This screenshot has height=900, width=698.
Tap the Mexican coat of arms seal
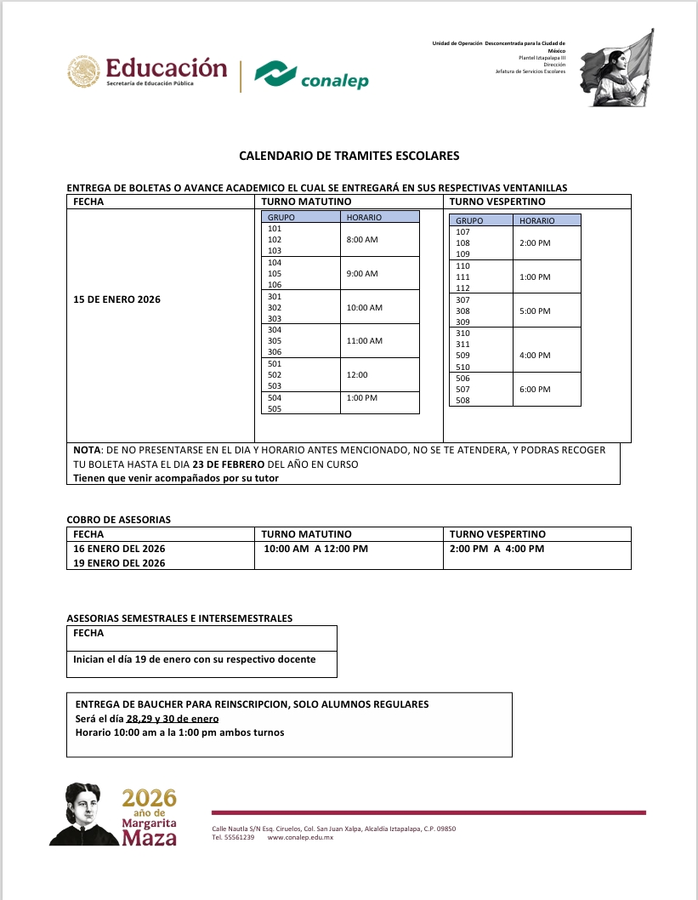83,72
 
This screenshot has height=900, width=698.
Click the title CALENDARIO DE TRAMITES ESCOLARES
349,157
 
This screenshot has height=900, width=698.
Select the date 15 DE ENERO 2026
117,299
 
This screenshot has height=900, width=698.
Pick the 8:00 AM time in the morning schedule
362,240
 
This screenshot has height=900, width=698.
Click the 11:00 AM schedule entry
365,341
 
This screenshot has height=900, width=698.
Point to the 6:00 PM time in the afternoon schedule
535,389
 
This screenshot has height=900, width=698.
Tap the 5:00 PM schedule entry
535,311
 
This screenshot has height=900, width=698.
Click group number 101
275,229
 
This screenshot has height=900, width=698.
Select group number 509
463,356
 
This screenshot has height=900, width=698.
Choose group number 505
275,408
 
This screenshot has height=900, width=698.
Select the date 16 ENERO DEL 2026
120,549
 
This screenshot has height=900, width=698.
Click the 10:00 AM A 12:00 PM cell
315,549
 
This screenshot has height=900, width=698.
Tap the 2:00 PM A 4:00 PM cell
497,549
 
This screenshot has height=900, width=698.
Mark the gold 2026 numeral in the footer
149,798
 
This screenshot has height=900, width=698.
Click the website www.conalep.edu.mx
300,838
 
